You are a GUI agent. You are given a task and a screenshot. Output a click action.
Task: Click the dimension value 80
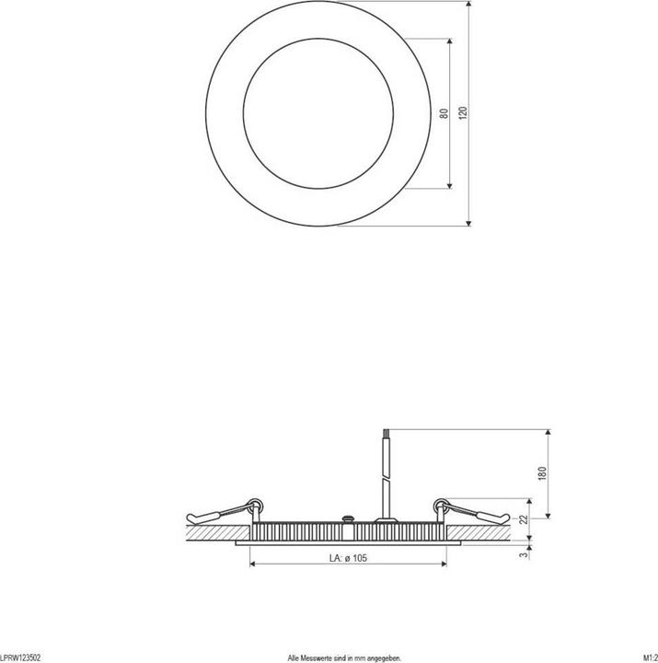click(x=444, y=113)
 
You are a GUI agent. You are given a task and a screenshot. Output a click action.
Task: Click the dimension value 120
click(x=463, y=112)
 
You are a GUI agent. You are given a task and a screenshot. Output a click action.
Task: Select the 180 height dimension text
click(x=543, y=472)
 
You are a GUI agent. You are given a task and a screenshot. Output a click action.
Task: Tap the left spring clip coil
click(x=258, y=504)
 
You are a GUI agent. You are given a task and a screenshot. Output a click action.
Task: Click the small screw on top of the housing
click(x=348, y=519)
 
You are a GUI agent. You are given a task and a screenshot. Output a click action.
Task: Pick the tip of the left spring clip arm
click(x=188, y=517)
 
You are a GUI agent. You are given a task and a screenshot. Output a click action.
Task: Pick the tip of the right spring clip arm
click(x=510, y=517)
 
